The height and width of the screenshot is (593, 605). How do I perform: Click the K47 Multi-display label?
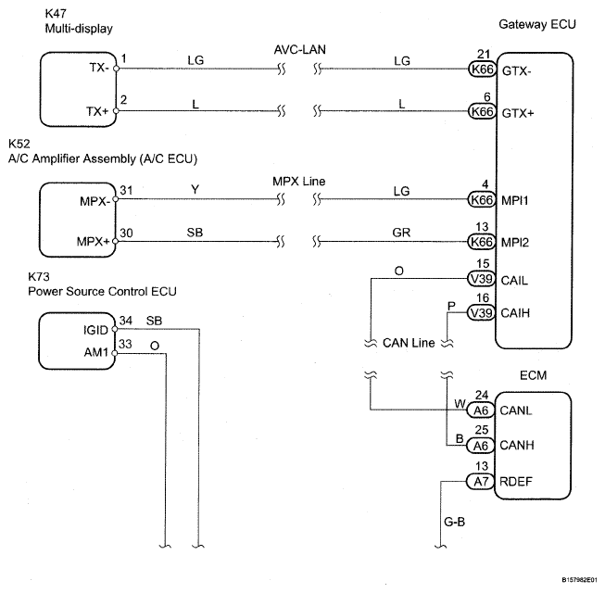coord(78,21)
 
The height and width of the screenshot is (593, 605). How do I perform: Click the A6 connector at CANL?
coord(479,409)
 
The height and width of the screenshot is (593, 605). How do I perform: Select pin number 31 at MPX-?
coord(125,189)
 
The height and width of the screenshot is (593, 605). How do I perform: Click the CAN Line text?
coord(409,343)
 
